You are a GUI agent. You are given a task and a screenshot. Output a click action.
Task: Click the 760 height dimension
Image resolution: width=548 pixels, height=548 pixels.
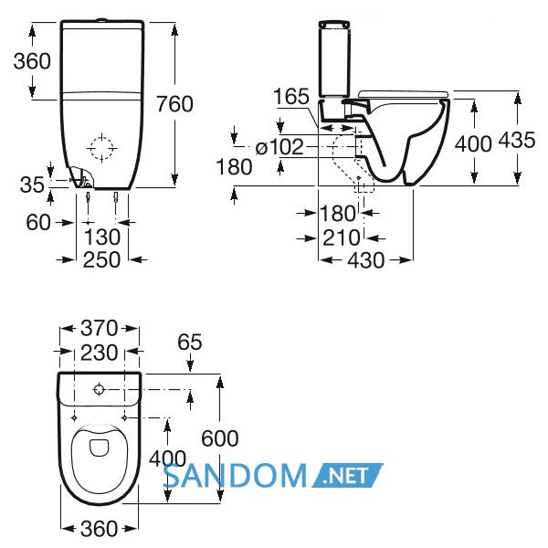point(174,104)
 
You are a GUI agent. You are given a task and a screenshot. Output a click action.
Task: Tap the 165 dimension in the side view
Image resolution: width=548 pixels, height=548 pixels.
point(291,96)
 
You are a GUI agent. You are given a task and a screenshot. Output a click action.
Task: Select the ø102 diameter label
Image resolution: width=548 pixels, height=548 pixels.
point(279,147)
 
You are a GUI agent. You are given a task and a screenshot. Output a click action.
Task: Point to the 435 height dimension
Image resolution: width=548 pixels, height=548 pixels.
point(517,140)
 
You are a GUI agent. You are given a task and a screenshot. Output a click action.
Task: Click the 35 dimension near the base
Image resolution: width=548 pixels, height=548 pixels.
point(32,184)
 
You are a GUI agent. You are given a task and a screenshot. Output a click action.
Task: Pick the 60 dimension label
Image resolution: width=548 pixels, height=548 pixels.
point(38,222)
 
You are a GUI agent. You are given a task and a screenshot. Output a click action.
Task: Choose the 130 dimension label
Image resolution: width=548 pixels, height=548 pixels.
point(102,237)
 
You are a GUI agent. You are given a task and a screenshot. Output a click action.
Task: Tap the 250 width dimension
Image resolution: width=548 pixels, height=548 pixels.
point(101,259)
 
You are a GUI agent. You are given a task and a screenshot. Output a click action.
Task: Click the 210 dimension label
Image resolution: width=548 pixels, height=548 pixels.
point(341,238)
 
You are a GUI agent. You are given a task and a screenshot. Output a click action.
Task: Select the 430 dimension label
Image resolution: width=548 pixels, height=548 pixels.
point(366,260)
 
